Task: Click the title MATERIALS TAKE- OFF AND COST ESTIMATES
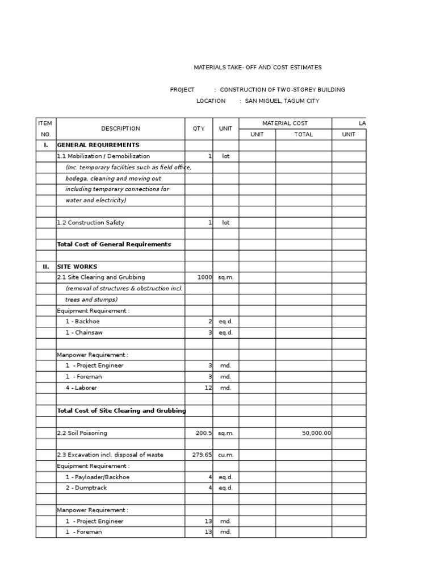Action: (258, 68)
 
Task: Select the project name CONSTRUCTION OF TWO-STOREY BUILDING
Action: (282, 90)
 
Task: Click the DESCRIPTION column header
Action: (120, 129)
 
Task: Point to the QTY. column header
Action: (199, 129)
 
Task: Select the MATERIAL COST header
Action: (285, 123)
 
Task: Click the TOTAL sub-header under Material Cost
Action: (303, 135)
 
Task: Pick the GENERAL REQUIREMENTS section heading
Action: (98, 145)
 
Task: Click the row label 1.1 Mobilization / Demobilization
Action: (103, 156)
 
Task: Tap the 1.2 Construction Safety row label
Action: (90, 223)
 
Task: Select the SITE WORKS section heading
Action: (77, 267)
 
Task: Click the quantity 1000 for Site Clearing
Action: (204, 277)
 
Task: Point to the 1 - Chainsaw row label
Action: (84, 333)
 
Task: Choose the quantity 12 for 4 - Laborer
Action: (208, 388)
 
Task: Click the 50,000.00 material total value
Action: (316, 433)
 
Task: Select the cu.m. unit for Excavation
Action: (225, 455)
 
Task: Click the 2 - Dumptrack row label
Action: (86, 488)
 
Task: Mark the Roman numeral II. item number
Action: (45, 267)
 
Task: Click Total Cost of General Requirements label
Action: (114, 244)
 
